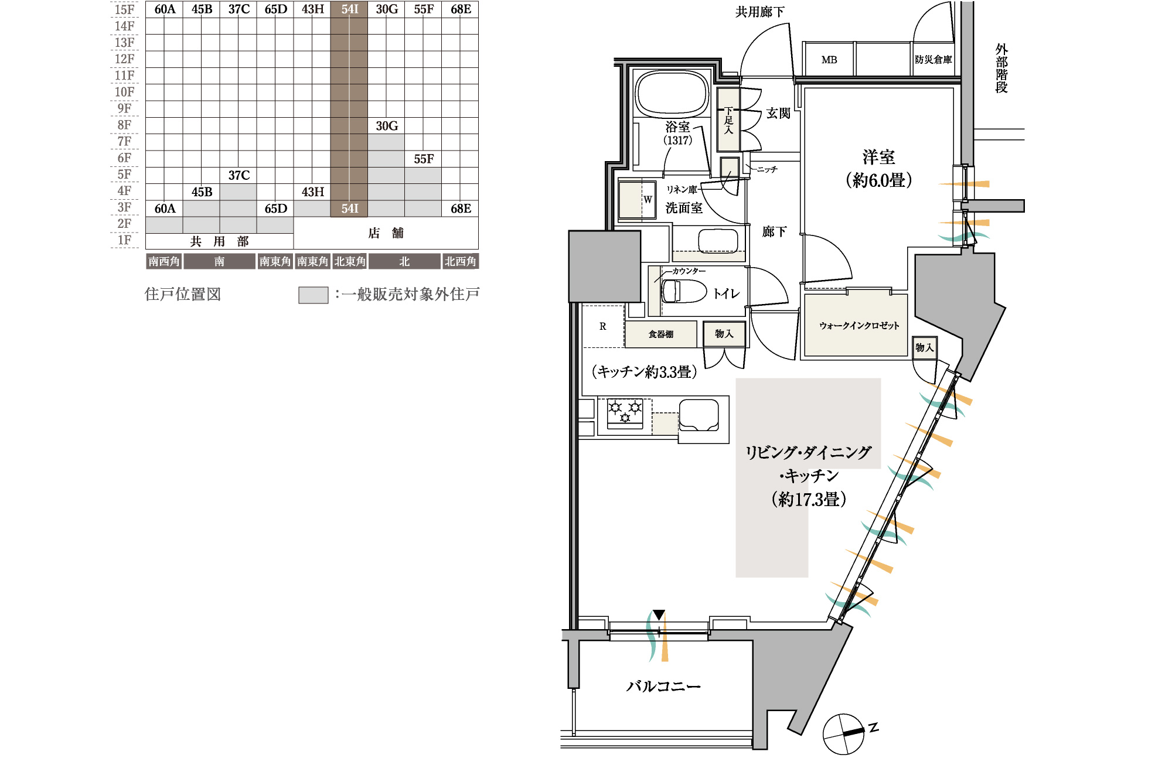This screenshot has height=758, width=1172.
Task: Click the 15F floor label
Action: (x=124, y=9)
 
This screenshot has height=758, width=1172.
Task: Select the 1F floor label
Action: (x=124, y=240)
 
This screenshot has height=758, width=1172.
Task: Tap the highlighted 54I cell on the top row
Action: (x=349, y=9)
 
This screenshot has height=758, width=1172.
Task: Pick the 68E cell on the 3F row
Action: (x=461, y=209)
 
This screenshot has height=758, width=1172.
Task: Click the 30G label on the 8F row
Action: (x=387, y=126)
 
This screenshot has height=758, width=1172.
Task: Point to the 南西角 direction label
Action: (x=163, y=261)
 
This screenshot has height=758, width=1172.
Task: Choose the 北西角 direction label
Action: (x=460, y=261)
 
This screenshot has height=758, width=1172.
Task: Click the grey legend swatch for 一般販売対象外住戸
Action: (x=313, y=295)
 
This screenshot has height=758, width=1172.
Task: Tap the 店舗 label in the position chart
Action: (x=386, y=233)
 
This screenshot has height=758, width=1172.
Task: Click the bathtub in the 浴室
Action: (x=673, y=94)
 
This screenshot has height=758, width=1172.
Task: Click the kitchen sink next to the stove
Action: (x=699, y=415)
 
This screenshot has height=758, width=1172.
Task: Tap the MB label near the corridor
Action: (x=829, y=60)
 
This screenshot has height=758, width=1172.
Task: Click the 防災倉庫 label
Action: (x=933, y=60)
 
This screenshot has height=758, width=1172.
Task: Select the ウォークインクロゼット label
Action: (x=858, y=326)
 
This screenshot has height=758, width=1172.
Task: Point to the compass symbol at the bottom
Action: (x=844, y=733)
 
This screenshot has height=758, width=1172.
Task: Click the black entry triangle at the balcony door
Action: (x=659, y=615)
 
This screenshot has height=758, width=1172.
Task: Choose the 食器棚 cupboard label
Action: (x=660, y=334)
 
